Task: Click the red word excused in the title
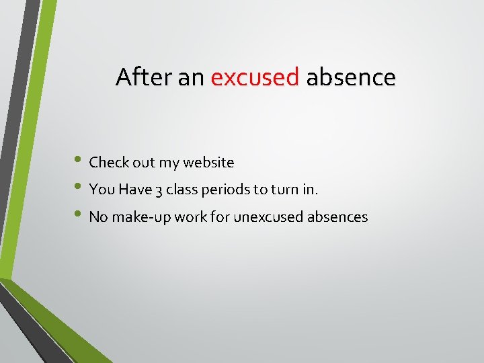[255, 77]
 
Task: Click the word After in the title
[144, 77]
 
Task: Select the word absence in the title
[351, 77]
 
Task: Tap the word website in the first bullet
[208, 163]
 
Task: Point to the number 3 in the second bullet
[158, 190]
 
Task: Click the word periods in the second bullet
[223, 190]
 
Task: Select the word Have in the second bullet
[135, 190]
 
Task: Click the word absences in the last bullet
[339, 217]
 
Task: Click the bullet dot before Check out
[79, 162]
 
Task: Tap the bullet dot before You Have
[79, 189]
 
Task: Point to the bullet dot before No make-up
[79, 216]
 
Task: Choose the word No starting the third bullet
[98, 217]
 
